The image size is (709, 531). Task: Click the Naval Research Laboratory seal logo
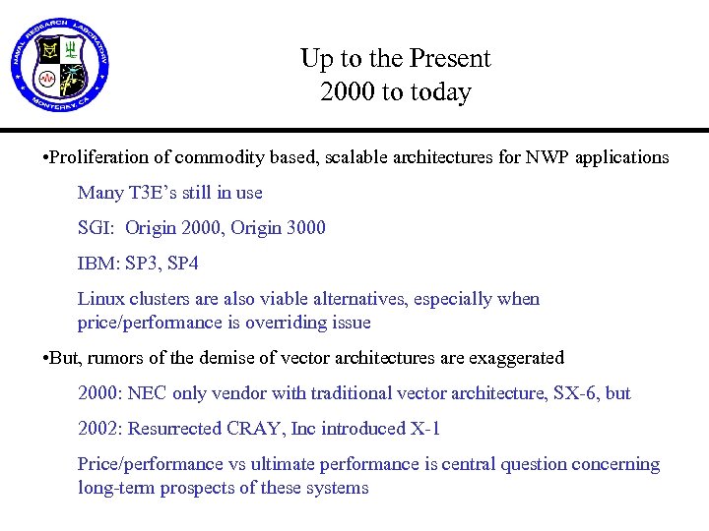coord(61,67)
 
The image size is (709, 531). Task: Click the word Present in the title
coord(452,59)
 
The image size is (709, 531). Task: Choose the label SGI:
coord(97,228)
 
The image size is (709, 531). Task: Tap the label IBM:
coord(98,264)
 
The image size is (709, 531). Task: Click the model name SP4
coord(179,264)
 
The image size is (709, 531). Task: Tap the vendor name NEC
coord(145,393)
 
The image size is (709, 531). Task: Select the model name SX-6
coord(577,393)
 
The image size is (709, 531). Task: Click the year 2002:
coord(99,429)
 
